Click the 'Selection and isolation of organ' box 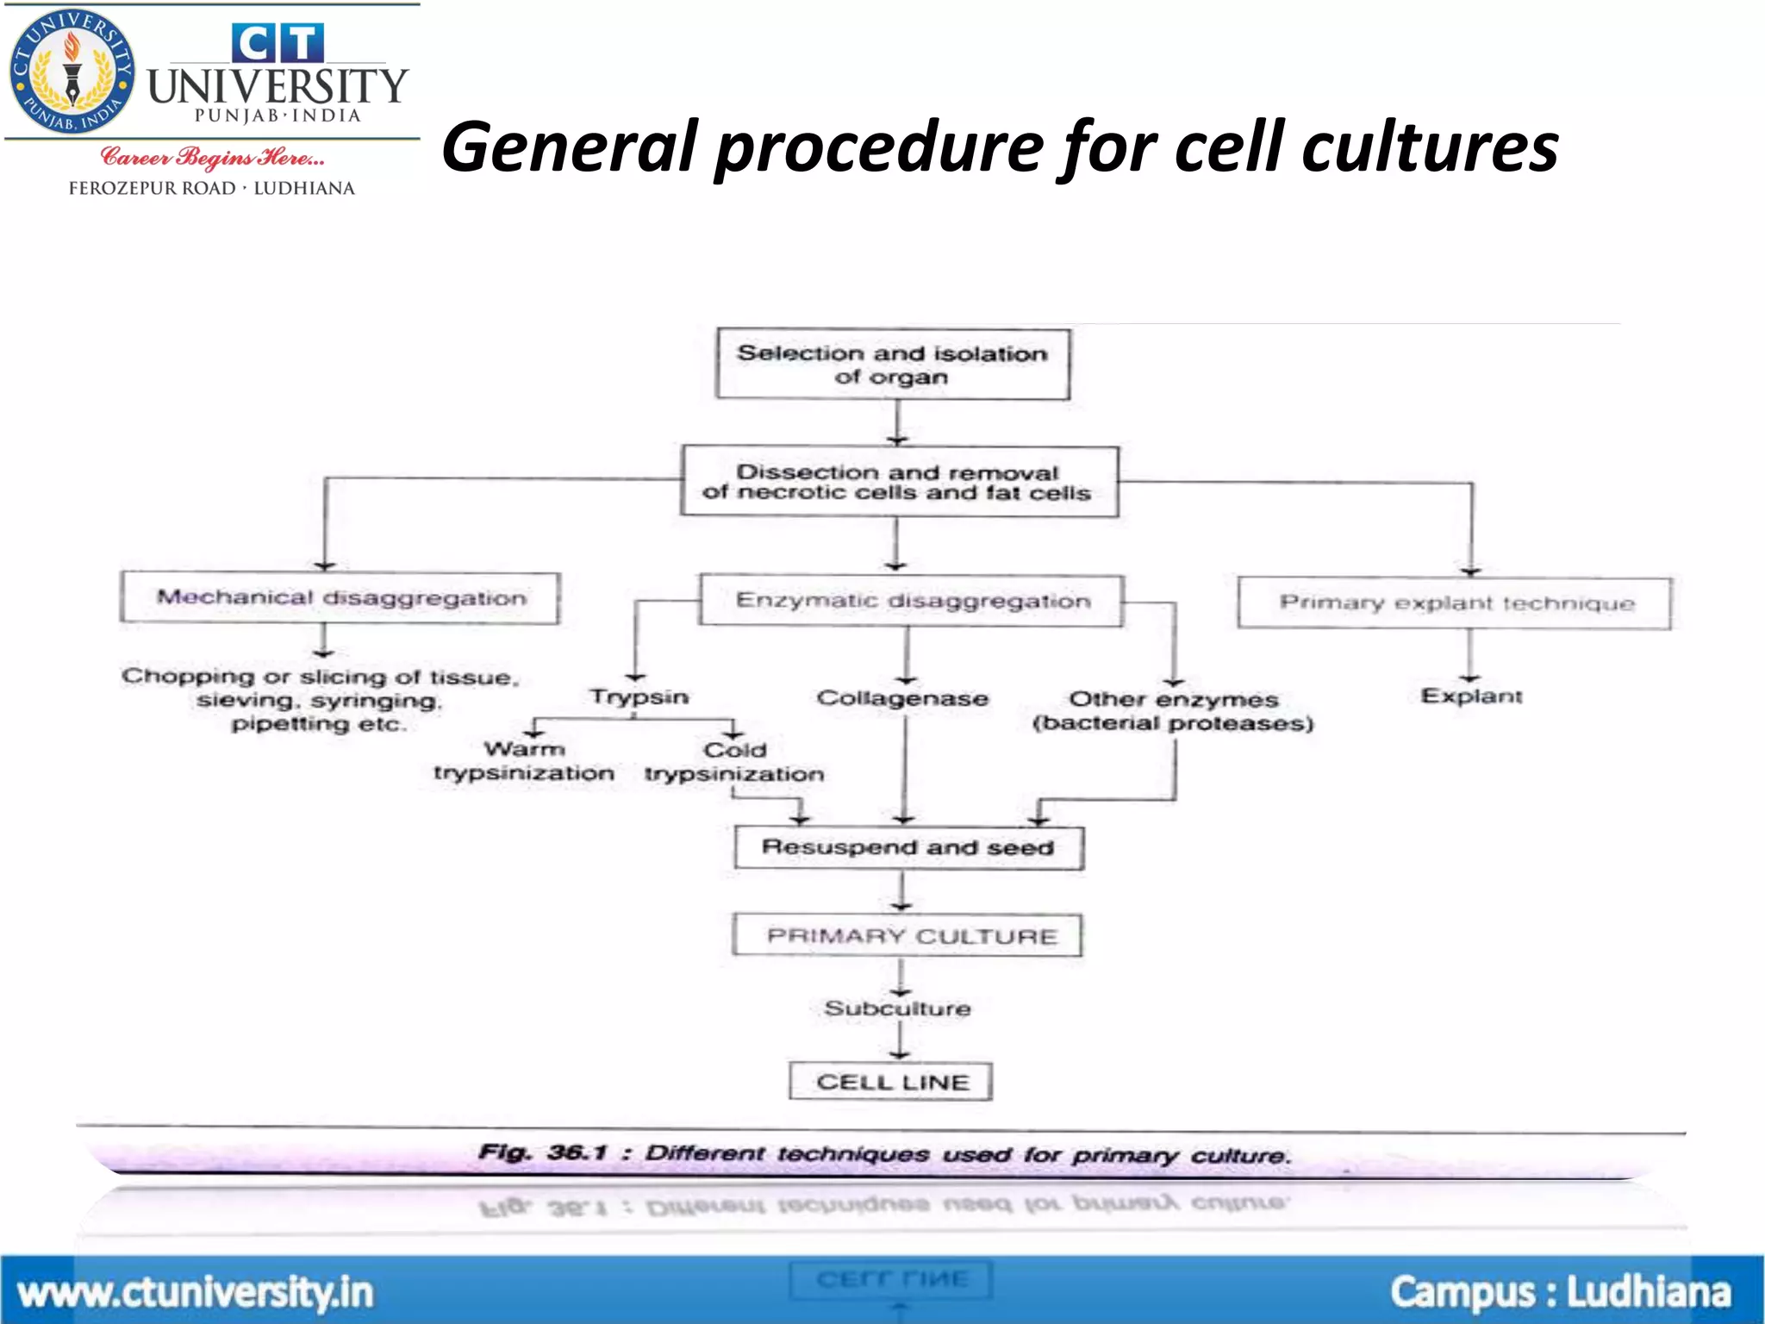pyautogui.click(x=892, y=364)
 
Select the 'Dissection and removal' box pyautogui.click(x=899, y=482)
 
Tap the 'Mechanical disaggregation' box pyautogui.click(x=340, y=597)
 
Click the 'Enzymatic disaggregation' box pyautogui.click(x=912, y=601)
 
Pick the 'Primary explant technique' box pyautogui.click(x=1455, y=603)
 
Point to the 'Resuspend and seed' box pyautogui.click(x=908, y=848)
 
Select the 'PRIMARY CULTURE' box pyautogui.click(x=907, y=936)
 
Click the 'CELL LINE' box pyautogui.click(x=891, y=1082)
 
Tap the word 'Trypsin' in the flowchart pyautogui.click(x=639, y=696)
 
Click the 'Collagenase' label pyautogui.click(x=902, y=698)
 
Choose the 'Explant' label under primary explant pyautogui.click(x=1471, y=696)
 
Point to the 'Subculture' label pyautogui.click(x=897, y=1009)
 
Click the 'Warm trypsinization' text pyautogui.click(x=524, y=761)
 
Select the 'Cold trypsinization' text pyautogui.click(x=734, y=762)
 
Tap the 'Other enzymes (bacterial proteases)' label pyautogui.click(x=1173, y=711)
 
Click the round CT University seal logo pyautogui.click(x=72, y=72)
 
